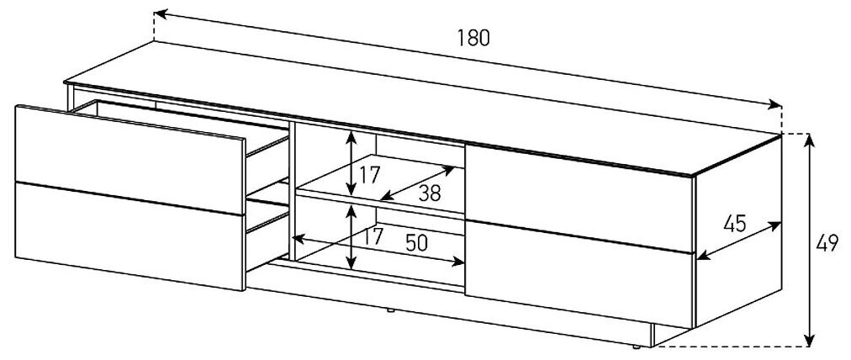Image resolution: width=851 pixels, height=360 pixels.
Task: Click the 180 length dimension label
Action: (473, 38)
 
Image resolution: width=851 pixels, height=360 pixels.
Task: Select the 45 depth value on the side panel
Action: (735, 225)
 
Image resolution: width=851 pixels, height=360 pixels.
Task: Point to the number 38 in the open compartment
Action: (429, 193)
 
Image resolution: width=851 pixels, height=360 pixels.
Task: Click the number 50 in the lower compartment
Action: (416, 242)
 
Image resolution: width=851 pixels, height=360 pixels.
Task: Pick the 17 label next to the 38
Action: (369, 176)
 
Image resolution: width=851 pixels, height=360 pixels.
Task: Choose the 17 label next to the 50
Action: (373, 237)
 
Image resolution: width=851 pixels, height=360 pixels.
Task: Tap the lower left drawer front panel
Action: (126, 236)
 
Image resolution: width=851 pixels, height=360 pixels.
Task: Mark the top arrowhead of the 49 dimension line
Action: (810, 140)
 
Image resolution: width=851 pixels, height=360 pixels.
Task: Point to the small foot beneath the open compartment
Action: (390, 310)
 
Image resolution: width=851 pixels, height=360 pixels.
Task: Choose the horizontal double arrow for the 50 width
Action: (378, 252)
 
